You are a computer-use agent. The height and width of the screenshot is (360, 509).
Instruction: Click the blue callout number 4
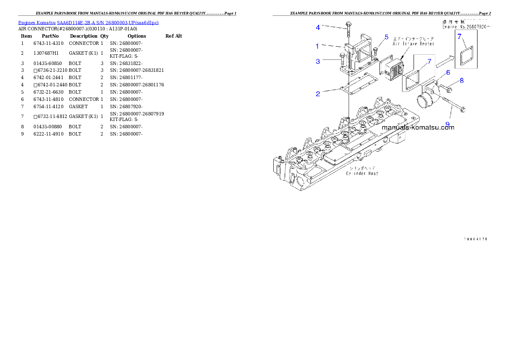(318, 27)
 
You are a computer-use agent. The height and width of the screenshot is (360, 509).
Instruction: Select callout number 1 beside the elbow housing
(317, 46)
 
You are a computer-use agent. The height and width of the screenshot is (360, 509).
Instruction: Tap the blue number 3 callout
(318, 62)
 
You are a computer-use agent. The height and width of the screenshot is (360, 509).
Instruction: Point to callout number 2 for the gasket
(318, 94)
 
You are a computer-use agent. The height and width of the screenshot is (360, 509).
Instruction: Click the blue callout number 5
(386, 37)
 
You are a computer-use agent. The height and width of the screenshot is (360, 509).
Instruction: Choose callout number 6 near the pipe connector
(448, 73)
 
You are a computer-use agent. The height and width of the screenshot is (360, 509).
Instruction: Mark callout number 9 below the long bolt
(447, 124)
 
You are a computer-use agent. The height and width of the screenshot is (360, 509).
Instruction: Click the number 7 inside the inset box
(459, 37)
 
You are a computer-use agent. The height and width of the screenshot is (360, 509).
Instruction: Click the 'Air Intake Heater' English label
(414, 44)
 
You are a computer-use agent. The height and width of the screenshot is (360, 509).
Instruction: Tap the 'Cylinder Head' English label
(362, 173)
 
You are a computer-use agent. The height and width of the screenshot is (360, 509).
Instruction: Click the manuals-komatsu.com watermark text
(418, 127)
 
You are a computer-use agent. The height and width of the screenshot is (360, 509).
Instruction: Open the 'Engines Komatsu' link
(37, 23)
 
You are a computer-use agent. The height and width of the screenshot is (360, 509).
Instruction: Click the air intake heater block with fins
(394, 70)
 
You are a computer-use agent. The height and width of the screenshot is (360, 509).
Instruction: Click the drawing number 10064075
(476, 239)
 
